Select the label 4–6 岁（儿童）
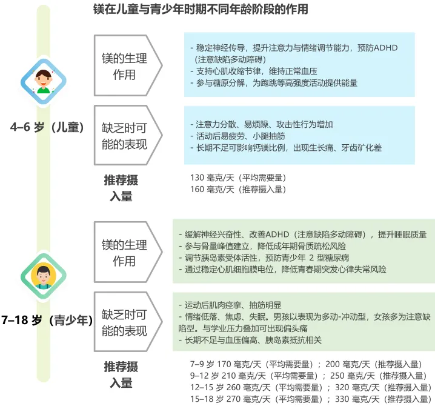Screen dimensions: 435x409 click(x=47, y=127)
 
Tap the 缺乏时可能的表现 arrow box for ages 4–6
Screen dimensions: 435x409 click(x=127, y=135)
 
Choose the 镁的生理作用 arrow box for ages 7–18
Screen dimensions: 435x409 click(x=127, y=253)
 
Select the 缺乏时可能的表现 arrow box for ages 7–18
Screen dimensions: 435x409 click(x=127, y=323)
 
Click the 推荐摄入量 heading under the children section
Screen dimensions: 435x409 click(x=121, y=188)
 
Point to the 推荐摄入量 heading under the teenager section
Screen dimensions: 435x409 click(x=121, y=374)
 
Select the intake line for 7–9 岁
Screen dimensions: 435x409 click(x=307, y=365)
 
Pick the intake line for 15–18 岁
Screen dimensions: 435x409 click(x=310, y=399)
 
